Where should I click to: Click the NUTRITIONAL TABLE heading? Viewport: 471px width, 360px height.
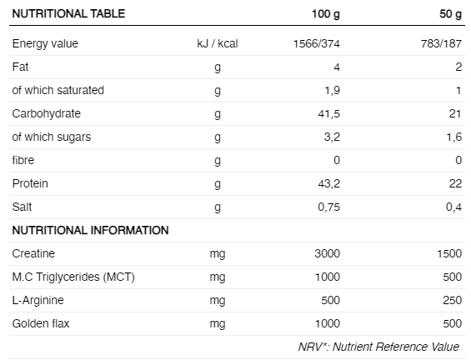tap(68, 14)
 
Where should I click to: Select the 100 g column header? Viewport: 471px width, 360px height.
tap(326, 14)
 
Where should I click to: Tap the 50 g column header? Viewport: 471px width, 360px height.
tap(450, 14)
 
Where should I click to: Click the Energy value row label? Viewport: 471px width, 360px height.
tap(45, 44)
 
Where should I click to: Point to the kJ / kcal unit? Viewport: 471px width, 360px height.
tap(218, 44)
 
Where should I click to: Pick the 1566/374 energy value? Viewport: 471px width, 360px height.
tap(317, 44)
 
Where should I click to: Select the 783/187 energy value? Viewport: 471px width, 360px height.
tap(441, 44)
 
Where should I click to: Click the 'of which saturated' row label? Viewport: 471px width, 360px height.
tap(58, 90)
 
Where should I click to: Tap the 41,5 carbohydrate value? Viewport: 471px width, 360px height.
tap(329, 114)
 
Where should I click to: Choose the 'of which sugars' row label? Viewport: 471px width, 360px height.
tap(52, 137)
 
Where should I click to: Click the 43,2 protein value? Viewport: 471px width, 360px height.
tap(329, 183)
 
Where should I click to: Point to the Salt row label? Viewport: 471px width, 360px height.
tap(22, 207)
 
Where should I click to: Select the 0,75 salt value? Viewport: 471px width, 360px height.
tap(329, 207)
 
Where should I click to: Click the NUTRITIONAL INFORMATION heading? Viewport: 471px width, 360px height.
tap(90, 230)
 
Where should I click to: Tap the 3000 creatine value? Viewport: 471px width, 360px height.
tap(327, 253)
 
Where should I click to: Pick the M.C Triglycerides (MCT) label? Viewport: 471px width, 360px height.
tap(73, 277)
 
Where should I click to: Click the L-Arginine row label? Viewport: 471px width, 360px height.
tap(38, 300)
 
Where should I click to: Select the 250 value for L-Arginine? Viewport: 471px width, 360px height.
tap(452, 300)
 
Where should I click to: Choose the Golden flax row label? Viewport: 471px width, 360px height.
tap(41, 323)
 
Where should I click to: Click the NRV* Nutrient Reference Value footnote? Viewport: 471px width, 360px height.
tap(378, 347)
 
